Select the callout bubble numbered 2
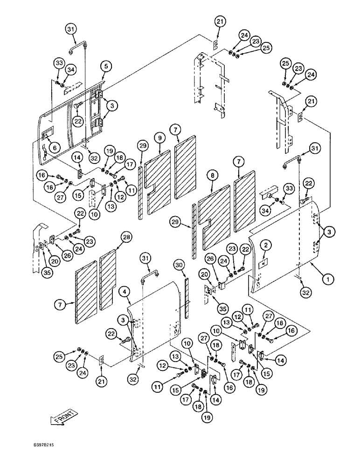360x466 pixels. (266, 244)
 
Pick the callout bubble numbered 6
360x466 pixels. (55, 148)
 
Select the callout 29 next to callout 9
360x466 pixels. (142, 146)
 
